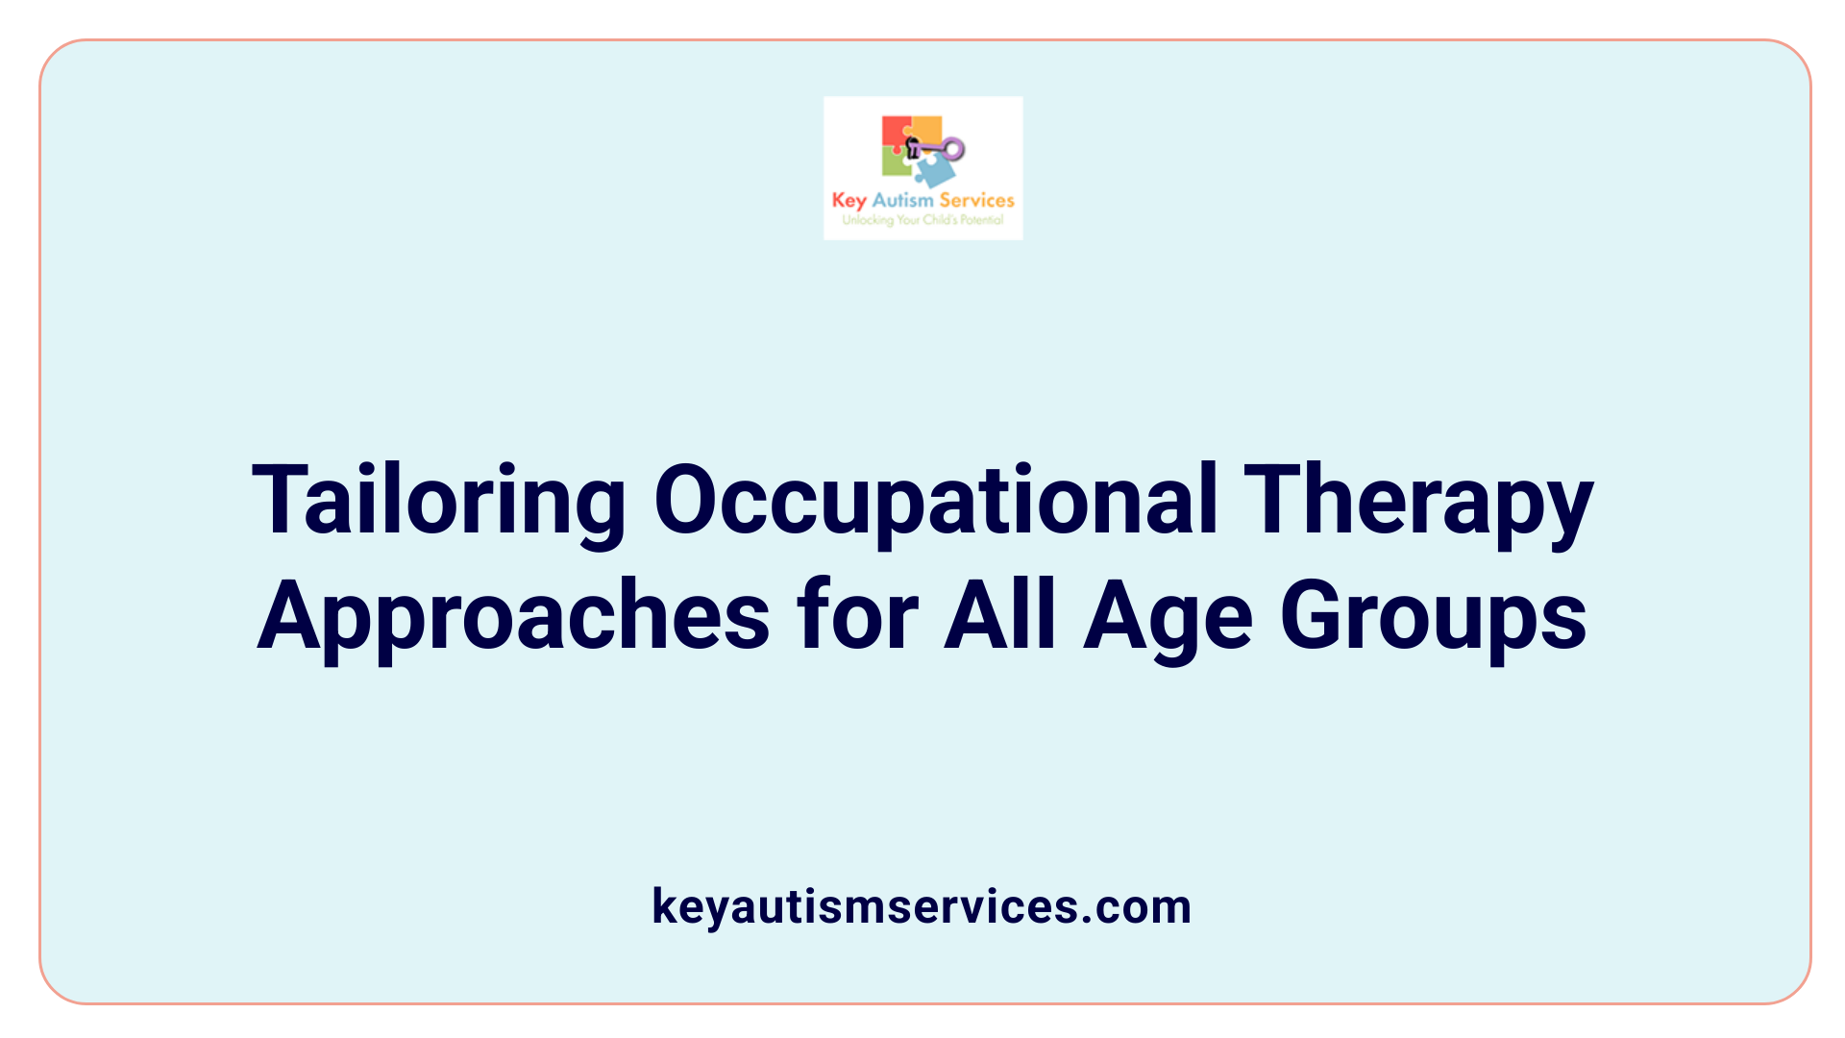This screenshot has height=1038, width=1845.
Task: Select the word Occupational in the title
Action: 936,502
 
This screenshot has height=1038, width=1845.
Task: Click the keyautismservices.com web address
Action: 922,906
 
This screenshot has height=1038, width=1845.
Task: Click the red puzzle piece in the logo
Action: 896,132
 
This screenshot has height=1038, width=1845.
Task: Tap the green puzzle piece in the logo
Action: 896,163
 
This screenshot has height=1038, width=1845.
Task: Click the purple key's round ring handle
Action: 953,149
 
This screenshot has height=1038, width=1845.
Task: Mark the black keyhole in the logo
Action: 913,147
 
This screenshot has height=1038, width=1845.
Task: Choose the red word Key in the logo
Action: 849,201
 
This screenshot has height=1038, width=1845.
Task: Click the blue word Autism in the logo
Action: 902,200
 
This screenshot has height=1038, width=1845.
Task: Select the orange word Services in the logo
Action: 976,200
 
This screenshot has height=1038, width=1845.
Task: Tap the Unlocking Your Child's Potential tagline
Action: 922,220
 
